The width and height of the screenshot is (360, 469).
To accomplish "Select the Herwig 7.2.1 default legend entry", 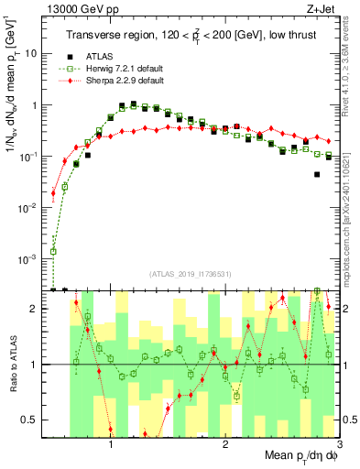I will [x=115, y=70].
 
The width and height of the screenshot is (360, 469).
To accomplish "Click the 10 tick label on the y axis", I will [x=31, y=53].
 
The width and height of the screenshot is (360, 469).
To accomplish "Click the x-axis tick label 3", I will [x=339, y=442].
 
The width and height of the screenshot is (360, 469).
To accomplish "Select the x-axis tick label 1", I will [x=111, y=442].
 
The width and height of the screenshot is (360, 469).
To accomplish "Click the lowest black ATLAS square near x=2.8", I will [x=317, y=174].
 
